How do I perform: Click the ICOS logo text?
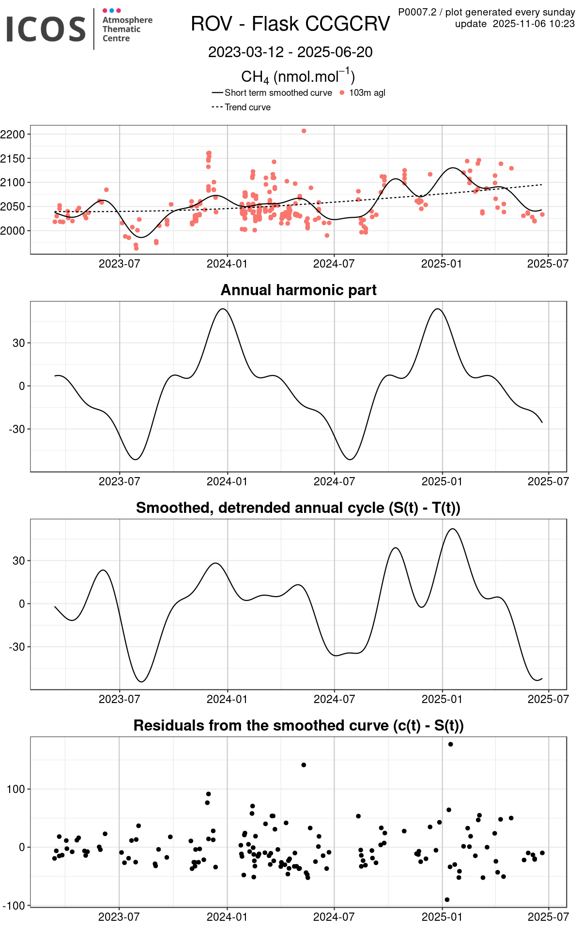click(x=46, y=29)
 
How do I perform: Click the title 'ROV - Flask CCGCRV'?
click(x=290, y=24)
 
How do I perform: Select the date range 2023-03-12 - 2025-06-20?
click(x=290, y=52)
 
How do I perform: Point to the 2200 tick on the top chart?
click(x=13, y=135)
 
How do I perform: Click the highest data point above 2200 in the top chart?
click(x=304, y=131)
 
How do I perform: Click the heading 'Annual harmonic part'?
click(x=298, y=290)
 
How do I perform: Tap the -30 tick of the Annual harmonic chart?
click(x=17, y=429)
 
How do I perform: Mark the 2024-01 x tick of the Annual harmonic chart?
click(x=227, y=481)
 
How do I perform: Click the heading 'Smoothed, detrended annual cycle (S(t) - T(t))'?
click(x=298, y=508)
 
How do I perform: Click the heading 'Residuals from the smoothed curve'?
click(x=298, y=725)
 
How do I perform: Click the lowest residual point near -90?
click(x=447, y=900)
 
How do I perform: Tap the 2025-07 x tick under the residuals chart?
click(x=548, y=917)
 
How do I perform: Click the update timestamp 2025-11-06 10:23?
click(x=534, y=24)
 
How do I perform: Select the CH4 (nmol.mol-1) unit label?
click(x=298, y=76)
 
